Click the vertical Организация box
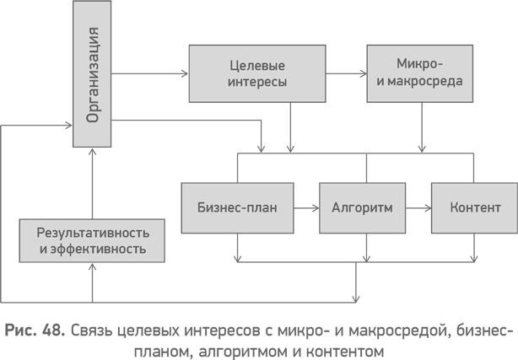tap(92, 74)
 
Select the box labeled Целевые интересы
tap(257, 74)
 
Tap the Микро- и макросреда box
tap(419, 74)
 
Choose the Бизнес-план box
tap(237, 207)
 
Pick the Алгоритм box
tap(362, 207)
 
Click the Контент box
tap(475, 207)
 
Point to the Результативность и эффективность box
tap(92, 241)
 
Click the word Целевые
tap(257, 66)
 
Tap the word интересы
tap(257, 83)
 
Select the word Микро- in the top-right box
tap(419, 64)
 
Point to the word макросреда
tap(426, 82)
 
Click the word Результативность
tap(93, 233)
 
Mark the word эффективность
tap(99, 250)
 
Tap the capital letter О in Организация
tap(93, 116)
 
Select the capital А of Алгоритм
tap(337, 207)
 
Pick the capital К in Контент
tap(454, 207)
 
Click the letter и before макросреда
tap(380, 82)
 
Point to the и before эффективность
tap(42, 250)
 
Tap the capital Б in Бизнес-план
tap(202, 207)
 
